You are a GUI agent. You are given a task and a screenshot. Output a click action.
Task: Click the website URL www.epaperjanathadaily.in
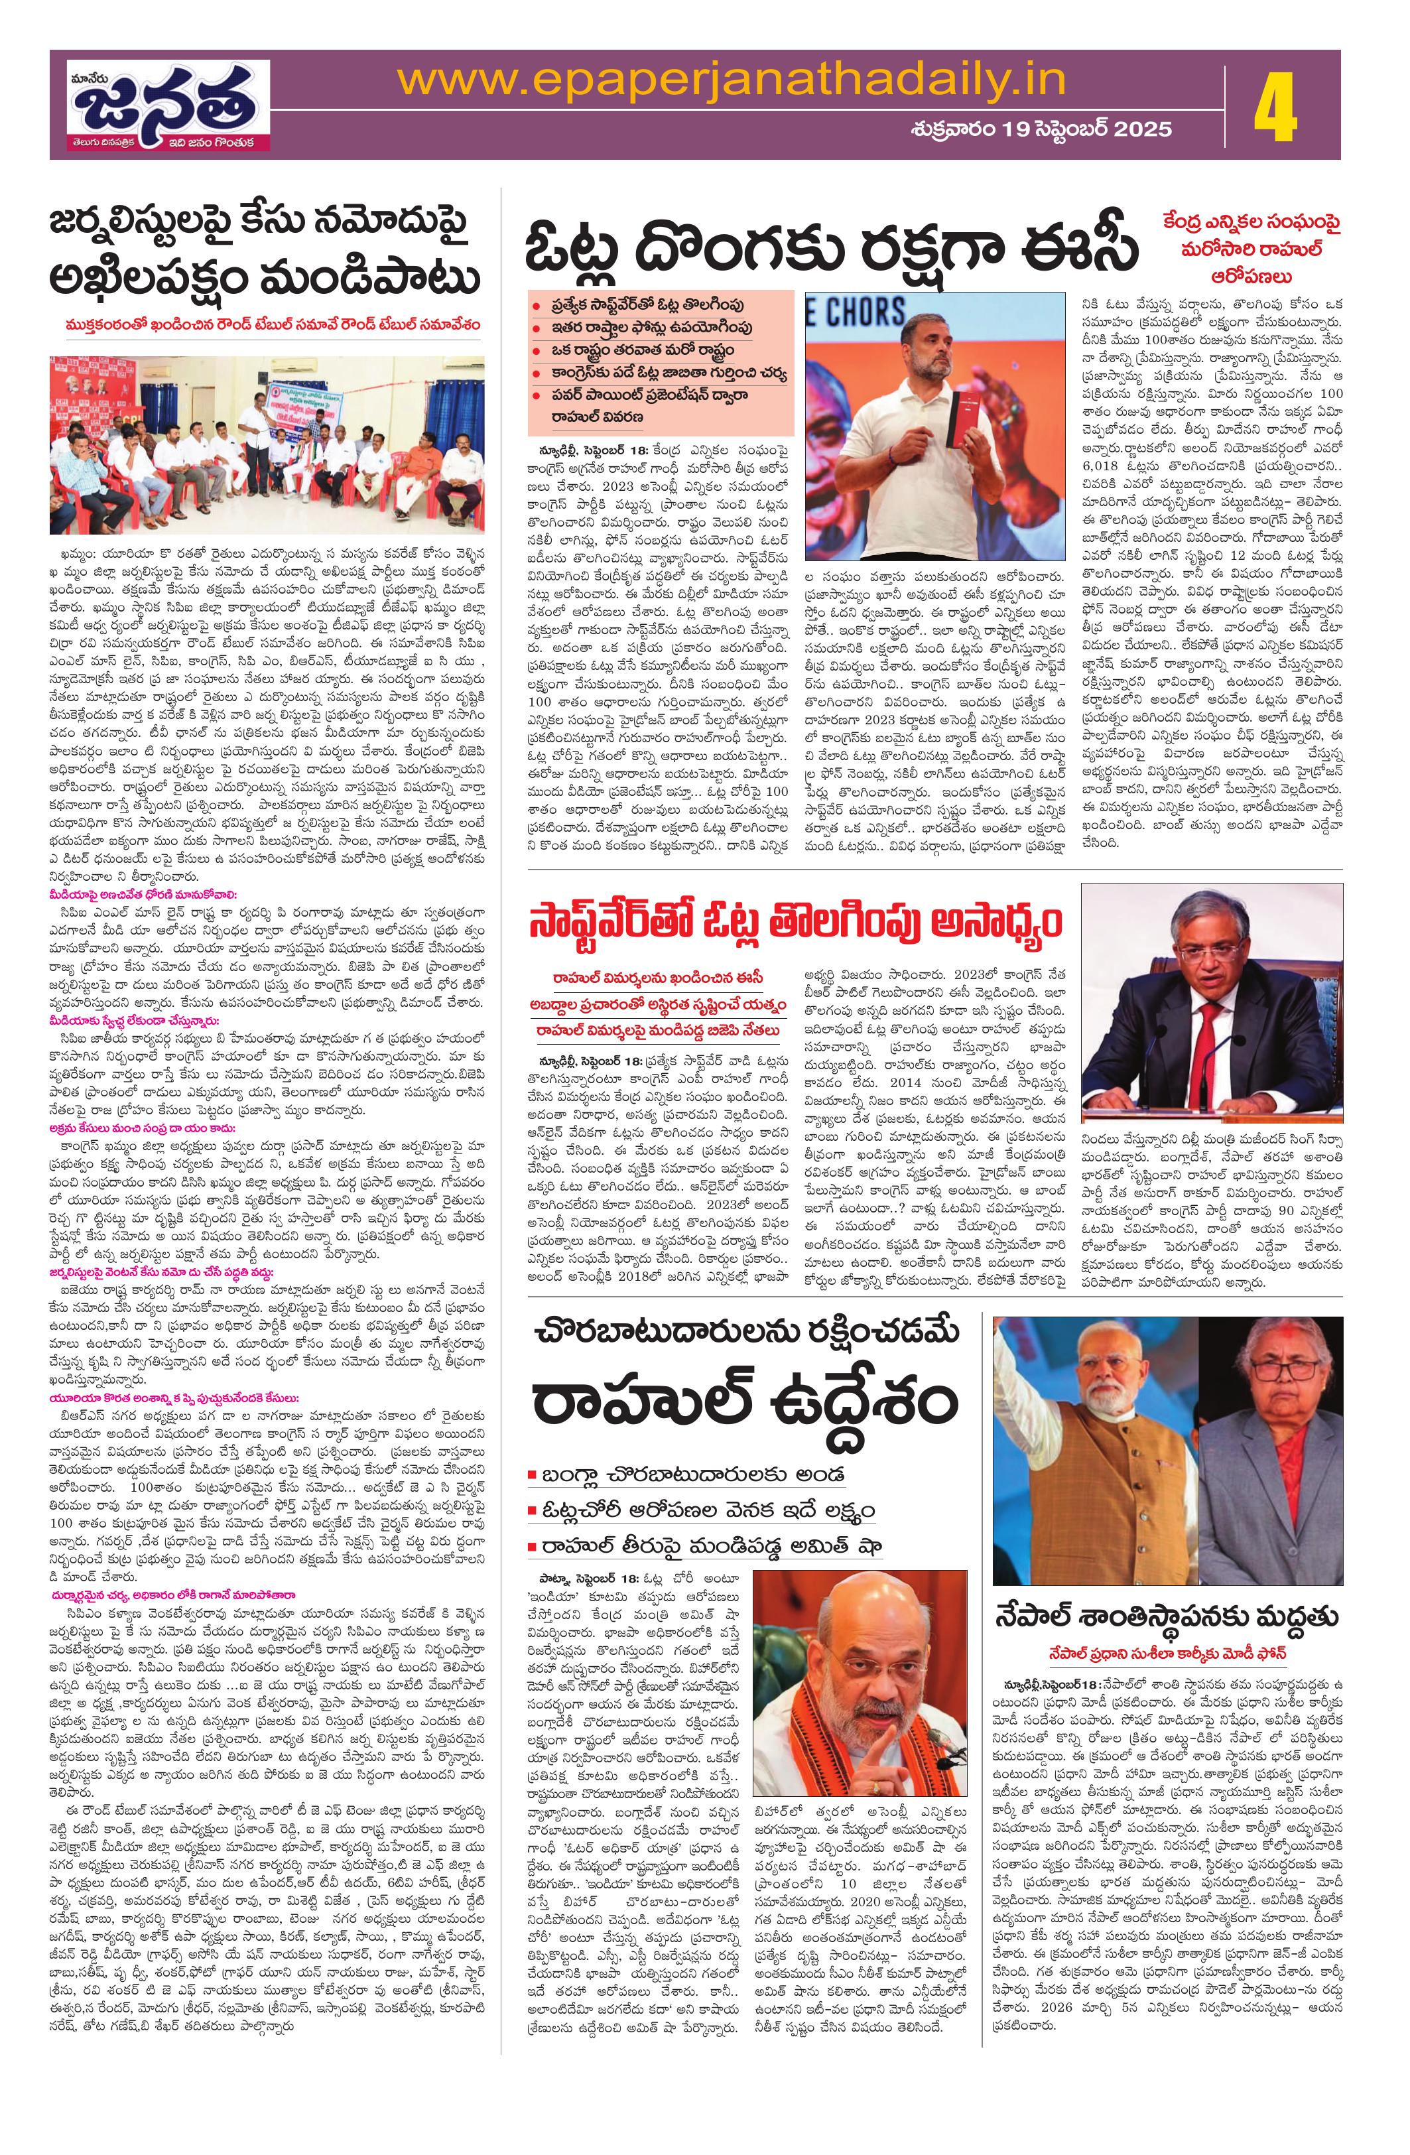[733, 82]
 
